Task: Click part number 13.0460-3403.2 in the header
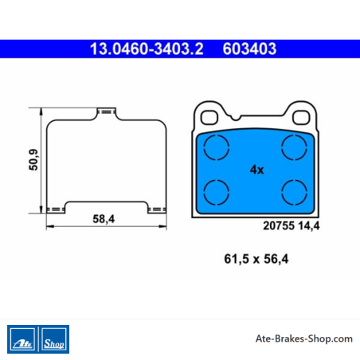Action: click(x=147, y=49)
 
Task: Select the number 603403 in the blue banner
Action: click(x=249, y=49)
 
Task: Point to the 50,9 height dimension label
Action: click(x=34, y=159)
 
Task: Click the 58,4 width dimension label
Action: click(x=104, y=219)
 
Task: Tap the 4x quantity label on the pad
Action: click(x=256, y=170)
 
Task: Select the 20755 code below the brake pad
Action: click(x=279, y=225)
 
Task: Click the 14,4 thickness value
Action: click(x=309, y=226)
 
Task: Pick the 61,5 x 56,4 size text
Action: click(x=256, y=259)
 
